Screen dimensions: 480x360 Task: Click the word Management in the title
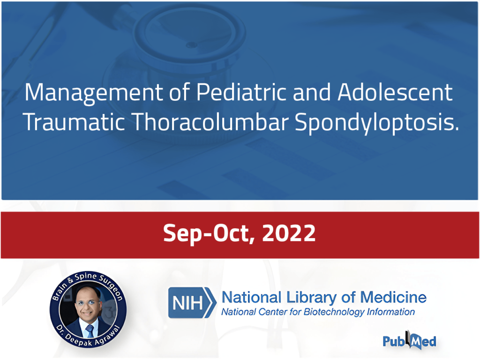(94, 93)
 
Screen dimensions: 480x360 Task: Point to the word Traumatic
(74, 121)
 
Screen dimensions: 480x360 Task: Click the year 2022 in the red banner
(289, 233)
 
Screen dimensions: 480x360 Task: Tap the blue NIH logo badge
(192, 302)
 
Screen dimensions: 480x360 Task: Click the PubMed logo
(409, 340)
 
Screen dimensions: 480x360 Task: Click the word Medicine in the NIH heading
(393, 297)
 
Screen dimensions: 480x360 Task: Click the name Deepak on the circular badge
(79, 341)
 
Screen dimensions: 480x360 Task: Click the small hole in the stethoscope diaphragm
(192, 45)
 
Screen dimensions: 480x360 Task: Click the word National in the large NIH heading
(251, 297)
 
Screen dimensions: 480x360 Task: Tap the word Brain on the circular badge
(60, 291)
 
